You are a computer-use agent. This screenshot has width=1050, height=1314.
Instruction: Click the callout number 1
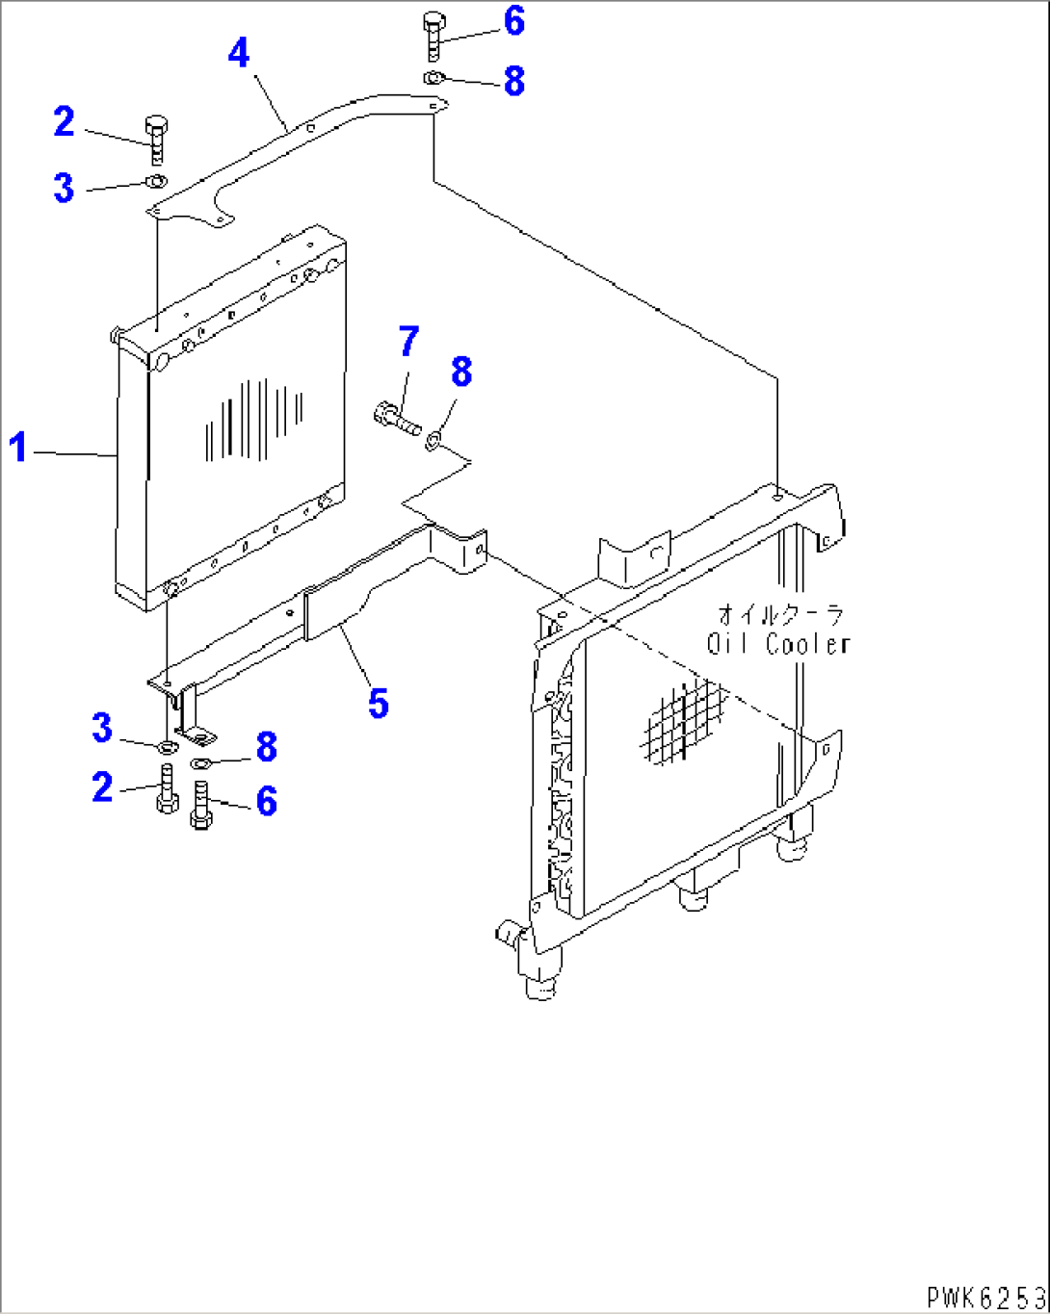(18, 448)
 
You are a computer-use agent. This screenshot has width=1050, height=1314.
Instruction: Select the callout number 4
(238, 52)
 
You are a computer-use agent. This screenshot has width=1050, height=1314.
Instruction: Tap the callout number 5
(379, 703)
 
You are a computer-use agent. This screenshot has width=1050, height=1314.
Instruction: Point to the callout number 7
(409, 341)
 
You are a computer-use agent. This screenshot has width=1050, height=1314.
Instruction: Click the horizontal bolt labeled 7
(395, 418)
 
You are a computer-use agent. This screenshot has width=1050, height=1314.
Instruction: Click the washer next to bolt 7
(434, 440)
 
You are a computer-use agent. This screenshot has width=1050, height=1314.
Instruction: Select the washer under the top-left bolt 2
(155, 181)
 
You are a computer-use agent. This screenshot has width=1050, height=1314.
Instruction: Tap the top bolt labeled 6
(433, 36)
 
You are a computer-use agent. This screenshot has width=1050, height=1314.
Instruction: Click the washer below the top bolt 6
(434, 77)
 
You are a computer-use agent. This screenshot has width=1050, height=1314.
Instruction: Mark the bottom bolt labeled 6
(201, 804)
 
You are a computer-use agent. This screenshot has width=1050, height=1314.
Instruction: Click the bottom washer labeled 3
(166, 746)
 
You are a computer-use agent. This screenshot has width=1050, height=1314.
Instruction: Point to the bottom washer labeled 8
(201, 763)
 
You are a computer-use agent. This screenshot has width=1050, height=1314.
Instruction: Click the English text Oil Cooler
(778, 644)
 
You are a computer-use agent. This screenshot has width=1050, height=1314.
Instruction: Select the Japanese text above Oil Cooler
(779, 614)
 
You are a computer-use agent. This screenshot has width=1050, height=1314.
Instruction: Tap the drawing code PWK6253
(985, 1297)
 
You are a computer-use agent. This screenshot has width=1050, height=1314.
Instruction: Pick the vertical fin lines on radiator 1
(254, 419)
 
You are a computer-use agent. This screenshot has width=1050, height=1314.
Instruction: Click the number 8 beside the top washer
(514, 82)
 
